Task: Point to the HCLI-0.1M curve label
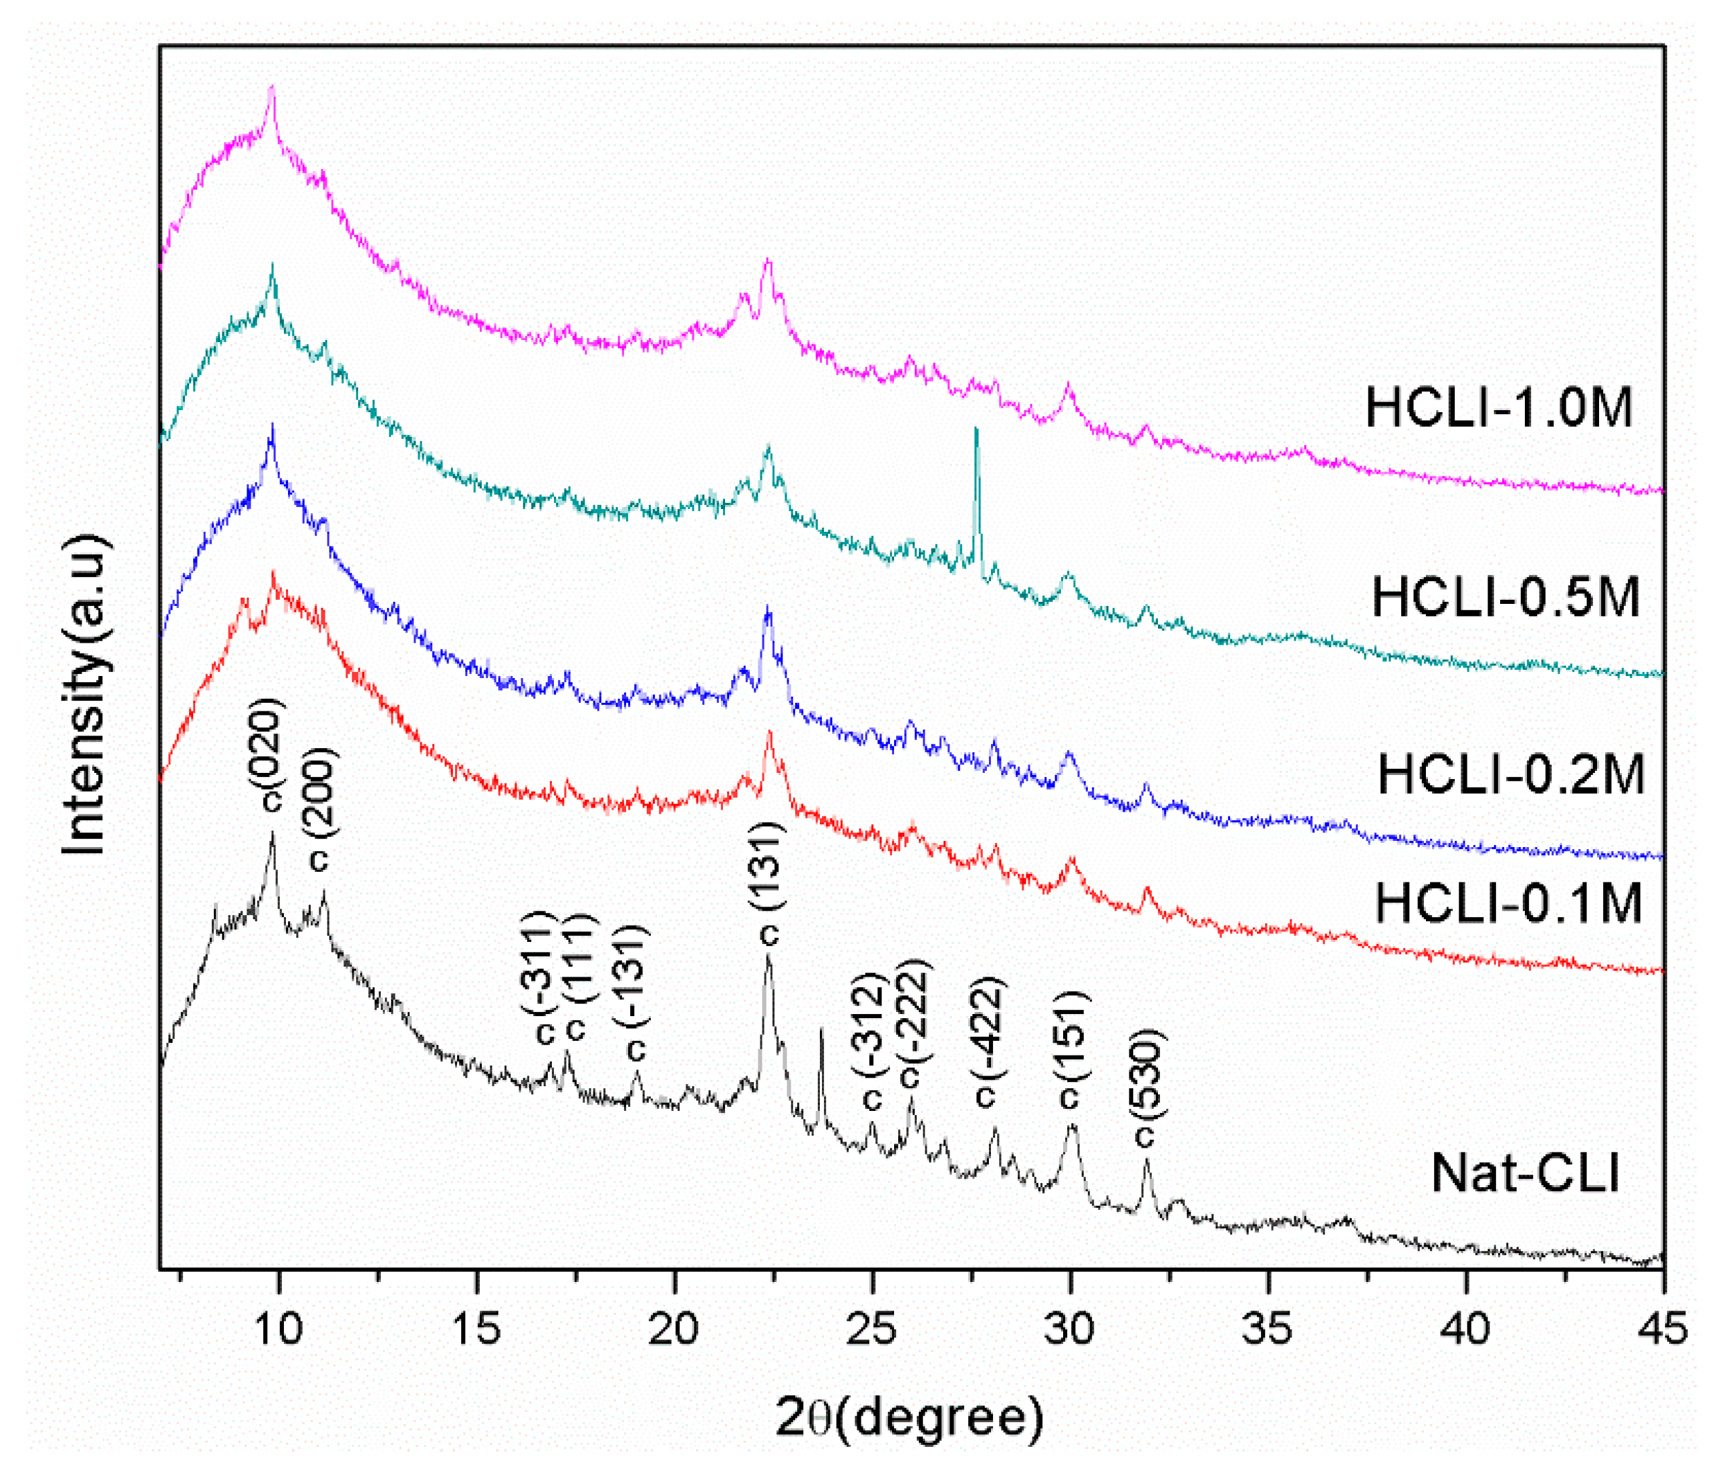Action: coord(1508,903)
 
